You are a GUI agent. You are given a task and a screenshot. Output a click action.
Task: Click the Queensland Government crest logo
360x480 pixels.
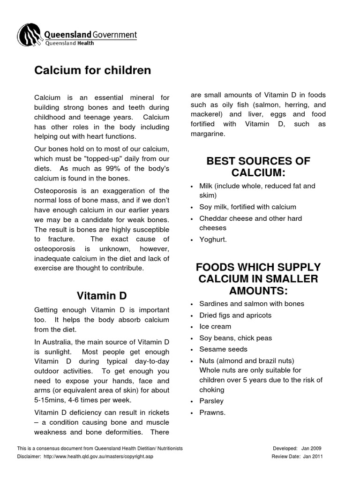coord(29,36)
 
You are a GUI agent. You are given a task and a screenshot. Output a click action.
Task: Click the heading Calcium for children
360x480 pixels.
coord(93,70)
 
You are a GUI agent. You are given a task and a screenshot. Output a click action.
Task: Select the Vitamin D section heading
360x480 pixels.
coord(102,296)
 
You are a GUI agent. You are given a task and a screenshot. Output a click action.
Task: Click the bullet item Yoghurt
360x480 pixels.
coord(213,239)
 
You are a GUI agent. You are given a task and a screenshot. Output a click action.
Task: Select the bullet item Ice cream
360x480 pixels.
coord(215,327)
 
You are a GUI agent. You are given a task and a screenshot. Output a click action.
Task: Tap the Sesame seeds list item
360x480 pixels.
coord(223,349)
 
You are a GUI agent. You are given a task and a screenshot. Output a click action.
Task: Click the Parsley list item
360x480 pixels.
coord(211,401)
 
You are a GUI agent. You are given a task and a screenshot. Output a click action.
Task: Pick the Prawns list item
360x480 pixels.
coord(212,412)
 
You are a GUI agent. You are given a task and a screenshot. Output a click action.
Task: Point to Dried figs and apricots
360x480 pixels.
coord(235,315)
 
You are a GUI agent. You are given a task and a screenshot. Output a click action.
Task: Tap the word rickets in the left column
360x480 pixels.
coord(157,412)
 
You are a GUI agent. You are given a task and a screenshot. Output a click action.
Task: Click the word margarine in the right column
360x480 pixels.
coord(208,134)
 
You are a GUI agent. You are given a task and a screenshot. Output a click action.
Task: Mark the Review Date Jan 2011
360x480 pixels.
coord(313,456)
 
